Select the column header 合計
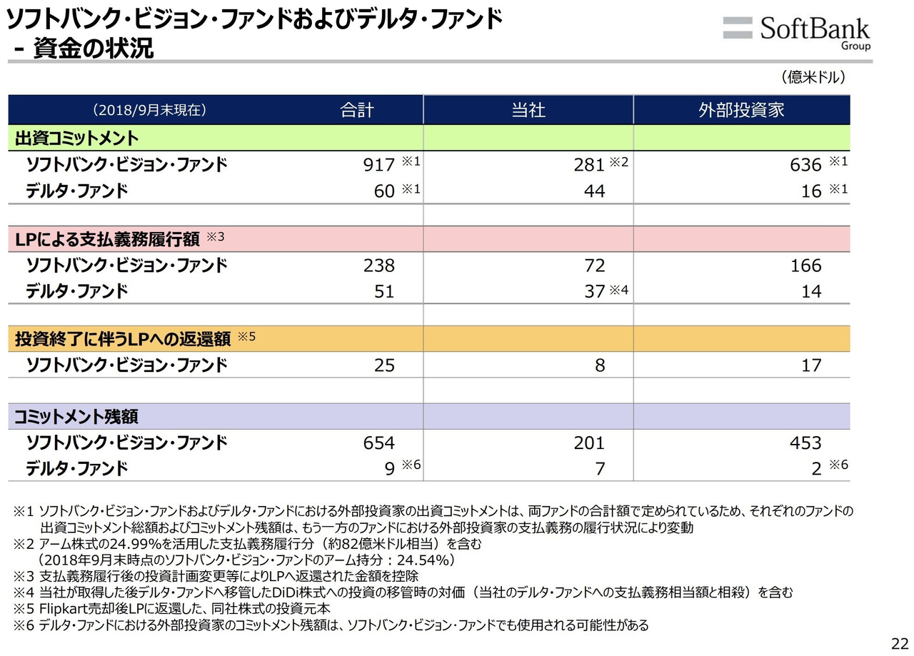pyautogui.click(x=357, y=110)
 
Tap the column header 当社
pyautogui.click(x=528, y=110)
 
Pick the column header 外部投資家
pyautogui.click(x=741, y=110)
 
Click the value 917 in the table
pyautogui.click(x=379, y=165)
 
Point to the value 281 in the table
pyautogui.click(x=589, y=165)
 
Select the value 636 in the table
pyautogui.click(x=806, y=165)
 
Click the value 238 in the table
pyautogui.click(x=379, y=266)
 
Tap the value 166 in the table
pyautogui.click(x=806, y=266)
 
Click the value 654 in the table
pyautogui.click(x=379, y=443)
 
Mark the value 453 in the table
pyautogui.click(x=806, y=443)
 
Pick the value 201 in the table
pyautogui.click(x=589, y=443)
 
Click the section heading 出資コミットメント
pyautogui.click(x=77, y=138)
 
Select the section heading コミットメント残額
pyautogui.click(x=77, y=416)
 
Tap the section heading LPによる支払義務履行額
pyautogui.click(x=107, y=239)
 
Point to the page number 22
pyautogui.click(x=898, y=640)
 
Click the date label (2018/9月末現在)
pyautogui.click(x=149, y=110)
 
